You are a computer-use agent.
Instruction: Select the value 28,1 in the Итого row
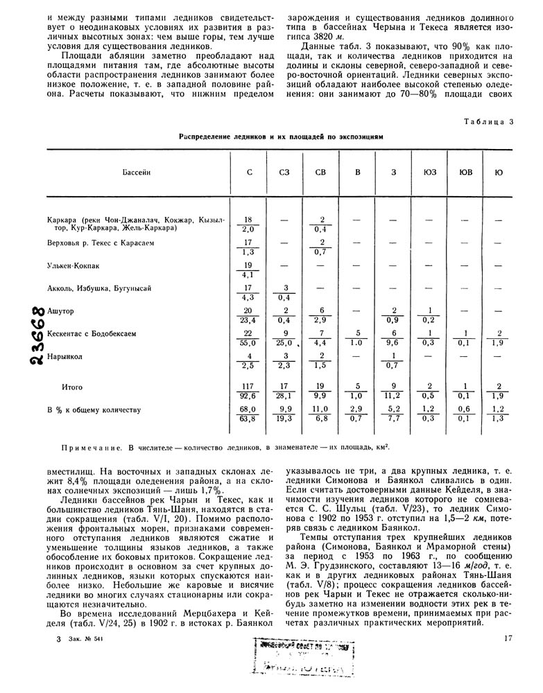[284, 396]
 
